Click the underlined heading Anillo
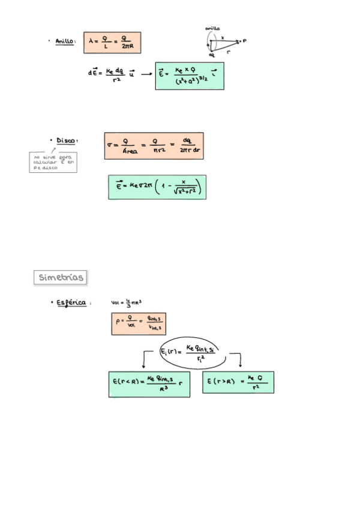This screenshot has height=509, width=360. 64,41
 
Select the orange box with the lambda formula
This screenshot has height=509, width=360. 112,42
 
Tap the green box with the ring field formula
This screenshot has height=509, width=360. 189,76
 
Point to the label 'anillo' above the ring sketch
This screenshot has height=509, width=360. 212,28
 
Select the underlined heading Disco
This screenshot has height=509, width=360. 65,140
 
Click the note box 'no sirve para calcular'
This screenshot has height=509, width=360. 53,162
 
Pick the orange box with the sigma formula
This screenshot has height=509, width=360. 154,146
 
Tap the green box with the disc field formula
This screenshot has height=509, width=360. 157,188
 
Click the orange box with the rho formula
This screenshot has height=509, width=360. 138,324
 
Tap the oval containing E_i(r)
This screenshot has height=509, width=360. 191,352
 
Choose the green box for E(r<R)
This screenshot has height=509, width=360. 149,384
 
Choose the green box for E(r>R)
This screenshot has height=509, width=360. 238,382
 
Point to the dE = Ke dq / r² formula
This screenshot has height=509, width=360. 111,74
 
